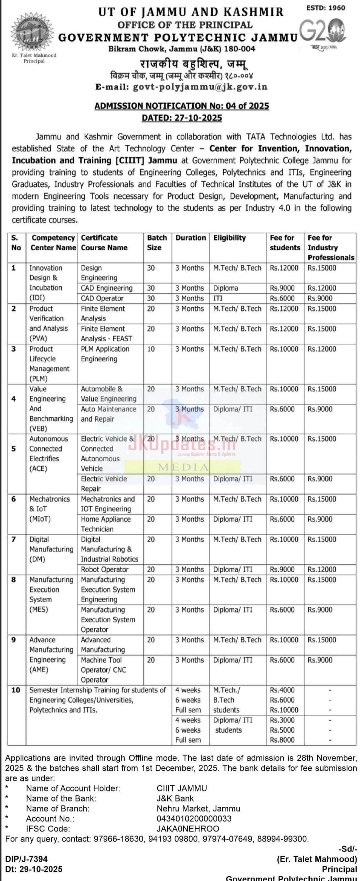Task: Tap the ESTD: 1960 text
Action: tap(325, 8)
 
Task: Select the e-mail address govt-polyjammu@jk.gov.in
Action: tap(200, 87)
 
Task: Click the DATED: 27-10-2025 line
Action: tap(182, 118)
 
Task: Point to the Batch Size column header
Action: tap(157, 243)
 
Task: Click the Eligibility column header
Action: tap(230, 238)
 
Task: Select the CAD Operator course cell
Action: tap(102, 298)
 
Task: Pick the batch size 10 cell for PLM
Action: tap(151, 349)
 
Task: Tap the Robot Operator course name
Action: tap(105, 570)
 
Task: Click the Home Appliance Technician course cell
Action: tap(106, 524)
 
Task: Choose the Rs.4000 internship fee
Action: tap(282, 690)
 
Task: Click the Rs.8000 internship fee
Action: tap(282, 740)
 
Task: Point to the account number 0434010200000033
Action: tap(194, 819)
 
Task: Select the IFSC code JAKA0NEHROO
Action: tap(188, 829)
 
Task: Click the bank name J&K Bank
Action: tap(175, 798)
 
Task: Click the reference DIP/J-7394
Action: tap(26, 859)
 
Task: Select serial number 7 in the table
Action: tap(14, 539)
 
